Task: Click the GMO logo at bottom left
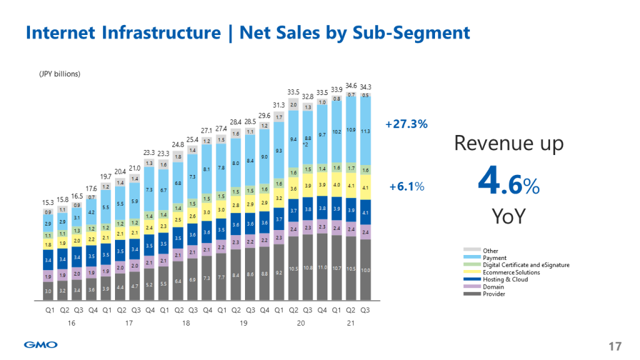(41, 344)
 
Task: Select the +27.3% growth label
(407, 124)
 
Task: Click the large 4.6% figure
(507, 184)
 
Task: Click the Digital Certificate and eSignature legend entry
(526, 265)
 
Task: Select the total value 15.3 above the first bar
(47, 202)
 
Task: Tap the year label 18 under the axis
(186, 323)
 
